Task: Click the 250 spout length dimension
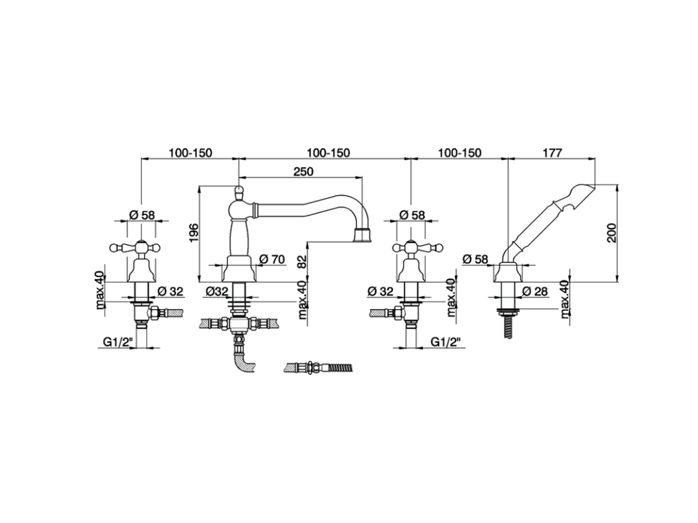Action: [x=303, y=171]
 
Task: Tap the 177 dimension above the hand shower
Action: [x=552, y=153]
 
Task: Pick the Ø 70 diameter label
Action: [x=273, y=259]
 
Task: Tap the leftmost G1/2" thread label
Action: [x=116, y=342]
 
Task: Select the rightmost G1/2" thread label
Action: [x=446, y=342]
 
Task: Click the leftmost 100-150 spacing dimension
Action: [x=190, y=153]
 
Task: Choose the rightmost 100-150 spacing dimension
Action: [x=459, y=153]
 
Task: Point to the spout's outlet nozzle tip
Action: [x=362, y=236]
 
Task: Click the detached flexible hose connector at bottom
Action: [x=319, y=367]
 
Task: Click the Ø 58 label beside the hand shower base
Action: [x=475, y=259]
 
